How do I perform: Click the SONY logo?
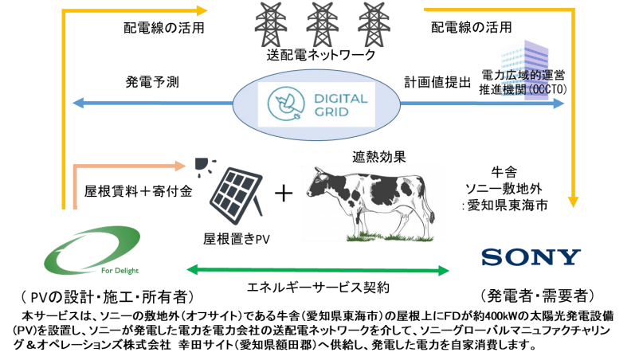click(531, 257)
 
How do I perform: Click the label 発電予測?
click(151, 82)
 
